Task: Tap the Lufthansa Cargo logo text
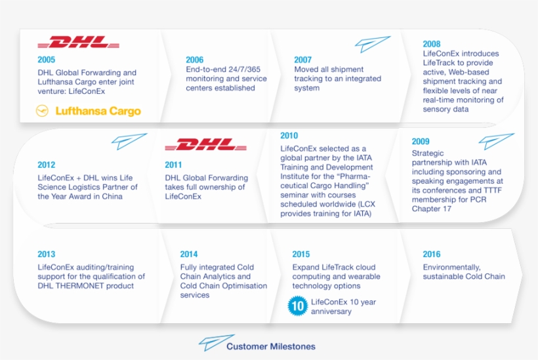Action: [x=98, y=111]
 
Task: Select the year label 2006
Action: [x=194, y=60]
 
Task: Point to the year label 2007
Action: [x=302, y=60]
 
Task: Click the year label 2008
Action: [x=431, y=44]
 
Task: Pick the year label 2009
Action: [x=421, y=141]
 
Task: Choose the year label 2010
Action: [x=289, y=136]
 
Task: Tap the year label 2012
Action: [x=46, y=165]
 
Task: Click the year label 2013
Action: [x=46, y=254]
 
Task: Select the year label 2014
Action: [x=189, y=254]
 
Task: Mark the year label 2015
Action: [x=301, y=254]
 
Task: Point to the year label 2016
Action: [x=431, y=254]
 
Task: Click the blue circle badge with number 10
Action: [x=298, y=305]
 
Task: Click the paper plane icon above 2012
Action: [x=129, y=141]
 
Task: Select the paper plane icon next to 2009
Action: [x=496, y=141]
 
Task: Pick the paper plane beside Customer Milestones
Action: [x=211, y=342]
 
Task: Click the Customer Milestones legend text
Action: [x=270, y=346]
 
